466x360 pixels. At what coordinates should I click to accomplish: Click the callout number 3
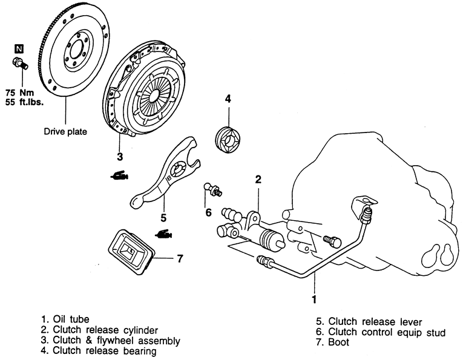click(x=120, y=157)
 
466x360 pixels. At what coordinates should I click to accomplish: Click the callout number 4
click(x=228, y=99)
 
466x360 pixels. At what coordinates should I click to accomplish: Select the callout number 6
click(x=208, y=212)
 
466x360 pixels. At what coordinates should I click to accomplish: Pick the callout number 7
click(x=179, y=258)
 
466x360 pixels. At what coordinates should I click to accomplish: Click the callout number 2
click(x=258, y=179)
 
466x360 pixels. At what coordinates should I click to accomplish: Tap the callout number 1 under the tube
click(x=314, y=298)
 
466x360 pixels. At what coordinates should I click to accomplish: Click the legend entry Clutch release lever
click(x=370, y=321)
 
